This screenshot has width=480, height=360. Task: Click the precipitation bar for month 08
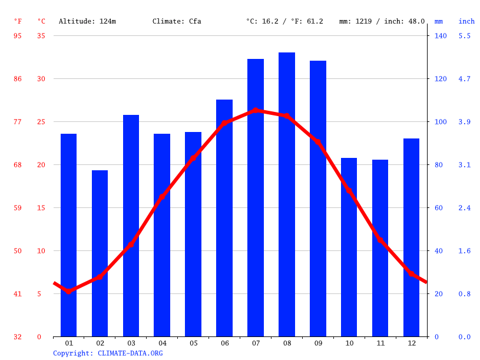(x=287, y=194)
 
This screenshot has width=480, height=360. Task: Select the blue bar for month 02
(x=100, y=253)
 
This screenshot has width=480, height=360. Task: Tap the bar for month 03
(x=131, y=226)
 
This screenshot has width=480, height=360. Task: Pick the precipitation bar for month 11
(x=380, y=248)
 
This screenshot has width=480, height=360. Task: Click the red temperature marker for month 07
(x=256, y=110)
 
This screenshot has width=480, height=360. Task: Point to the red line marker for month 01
(x=69, y=291)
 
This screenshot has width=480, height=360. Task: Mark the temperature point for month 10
(x=349, y=191)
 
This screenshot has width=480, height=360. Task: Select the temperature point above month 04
(x=162, y=197)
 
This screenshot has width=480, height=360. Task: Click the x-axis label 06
(x=224, y=343)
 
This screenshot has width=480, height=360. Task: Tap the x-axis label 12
(x=411, y=343)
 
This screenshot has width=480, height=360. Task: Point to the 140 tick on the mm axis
(x=441, y=36)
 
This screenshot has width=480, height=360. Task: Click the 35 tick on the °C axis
(x=41, y=36)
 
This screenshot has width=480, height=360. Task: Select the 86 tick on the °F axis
(x=18, y=79)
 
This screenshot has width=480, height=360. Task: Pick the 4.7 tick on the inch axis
(x=465, y=79)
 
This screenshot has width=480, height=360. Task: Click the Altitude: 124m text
(x=87, y=21)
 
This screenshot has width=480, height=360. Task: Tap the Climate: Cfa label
(x=177, y=21)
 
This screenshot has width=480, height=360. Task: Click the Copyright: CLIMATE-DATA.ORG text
(x=108, y=353)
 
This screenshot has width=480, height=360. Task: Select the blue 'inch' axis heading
(x=466, y=21)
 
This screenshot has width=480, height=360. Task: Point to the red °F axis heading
(x=18, y=21)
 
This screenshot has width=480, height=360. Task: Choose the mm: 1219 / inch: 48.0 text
(x=382, y=21)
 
